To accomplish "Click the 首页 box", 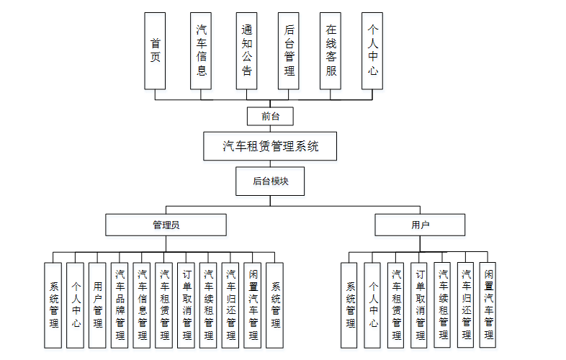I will coord(155,50).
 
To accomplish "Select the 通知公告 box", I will coord(246,50).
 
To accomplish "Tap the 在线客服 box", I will coord(331,50).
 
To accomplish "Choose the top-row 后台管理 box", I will coord(289,50).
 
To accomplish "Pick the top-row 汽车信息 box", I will coord(201,50).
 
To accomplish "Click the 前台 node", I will coord(270,116).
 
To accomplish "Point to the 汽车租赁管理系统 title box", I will coord(270,147).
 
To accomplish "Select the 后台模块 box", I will coord(270,181).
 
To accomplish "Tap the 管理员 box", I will coord(166,225).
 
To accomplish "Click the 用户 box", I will coord(421,225).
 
